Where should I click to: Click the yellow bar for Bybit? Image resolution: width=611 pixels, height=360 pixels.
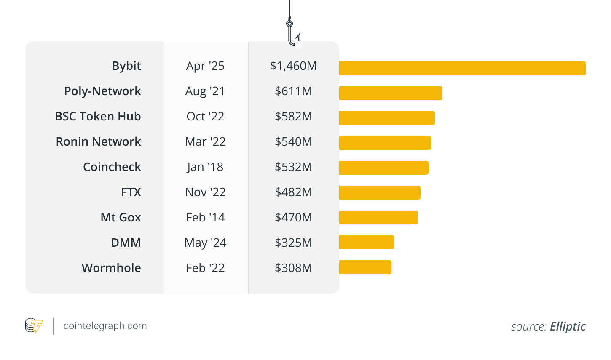(462, 68)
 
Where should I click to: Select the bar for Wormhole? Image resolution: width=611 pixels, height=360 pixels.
(365, 267)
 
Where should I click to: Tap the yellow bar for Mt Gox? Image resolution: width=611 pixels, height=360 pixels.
(378, 218)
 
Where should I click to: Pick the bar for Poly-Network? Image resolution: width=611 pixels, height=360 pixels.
(391, 93)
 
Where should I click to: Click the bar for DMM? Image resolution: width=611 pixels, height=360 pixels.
(367, 243)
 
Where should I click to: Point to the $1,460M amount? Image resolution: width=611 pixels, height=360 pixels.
(293, 66)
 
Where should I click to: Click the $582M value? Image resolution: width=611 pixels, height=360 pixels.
(293, 117)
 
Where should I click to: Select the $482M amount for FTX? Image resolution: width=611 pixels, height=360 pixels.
(293, 192)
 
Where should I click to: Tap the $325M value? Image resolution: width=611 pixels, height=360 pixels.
(293, 243)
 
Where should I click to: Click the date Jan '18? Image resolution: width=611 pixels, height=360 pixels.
(205, 167)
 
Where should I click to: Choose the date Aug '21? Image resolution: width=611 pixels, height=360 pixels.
(205, 91)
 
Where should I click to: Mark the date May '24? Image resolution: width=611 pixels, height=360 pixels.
(205, 243)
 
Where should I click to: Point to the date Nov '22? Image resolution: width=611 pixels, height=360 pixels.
(205, 192)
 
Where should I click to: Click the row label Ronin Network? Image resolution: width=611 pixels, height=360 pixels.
(98, 142)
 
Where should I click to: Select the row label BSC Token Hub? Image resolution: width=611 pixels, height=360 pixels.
(98, 117)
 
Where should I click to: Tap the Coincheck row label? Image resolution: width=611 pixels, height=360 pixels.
(112, 167)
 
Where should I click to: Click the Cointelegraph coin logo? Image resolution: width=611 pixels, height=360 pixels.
(34, 326)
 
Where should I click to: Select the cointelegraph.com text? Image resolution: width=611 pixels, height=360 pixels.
(105, 326)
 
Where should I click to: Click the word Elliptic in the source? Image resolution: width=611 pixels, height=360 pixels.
(568, 327)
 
